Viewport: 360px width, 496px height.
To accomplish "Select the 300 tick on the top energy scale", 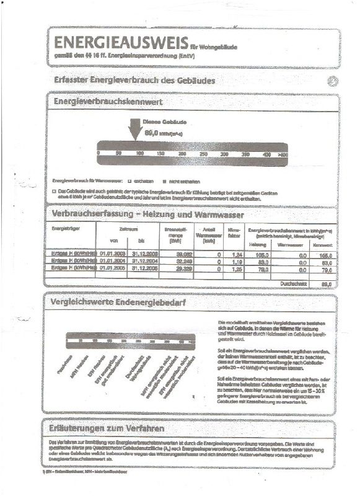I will (x=224, y=153).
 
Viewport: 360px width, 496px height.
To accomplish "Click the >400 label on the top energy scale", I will (x=283, y=153).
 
